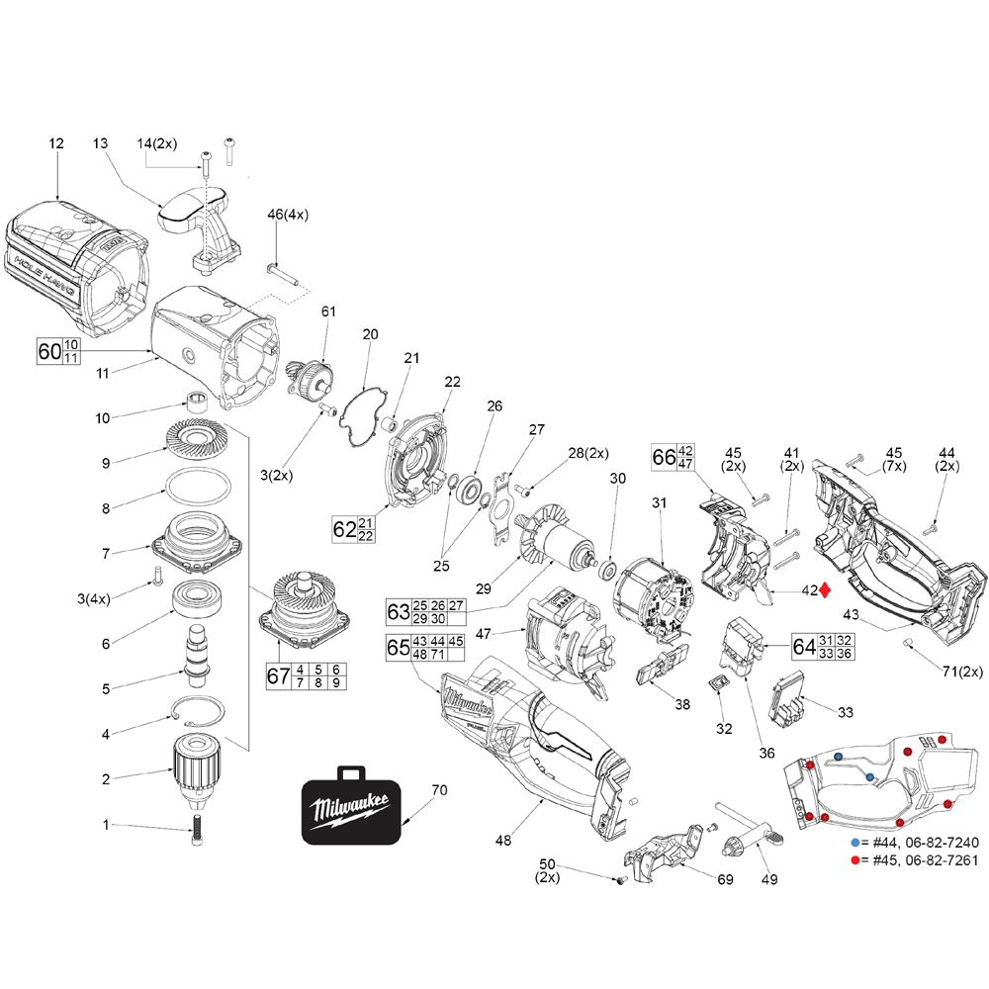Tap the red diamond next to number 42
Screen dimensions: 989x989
coord(825,590)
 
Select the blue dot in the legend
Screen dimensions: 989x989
coord(855,843)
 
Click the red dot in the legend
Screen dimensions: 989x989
coord(855,861)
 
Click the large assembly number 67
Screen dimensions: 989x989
coord(279,676)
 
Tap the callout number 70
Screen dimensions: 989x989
coord(440,791)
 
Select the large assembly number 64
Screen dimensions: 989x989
coord(804,647)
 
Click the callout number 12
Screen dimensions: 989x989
coord(56,143)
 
